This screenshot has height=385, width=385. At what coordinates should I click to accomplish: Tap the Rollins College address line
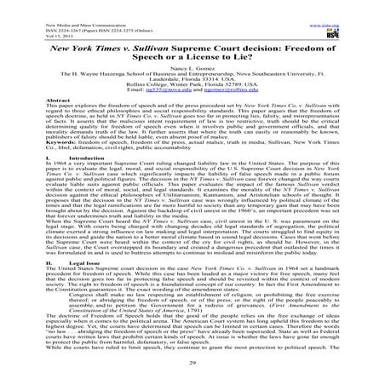(192, 103)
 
